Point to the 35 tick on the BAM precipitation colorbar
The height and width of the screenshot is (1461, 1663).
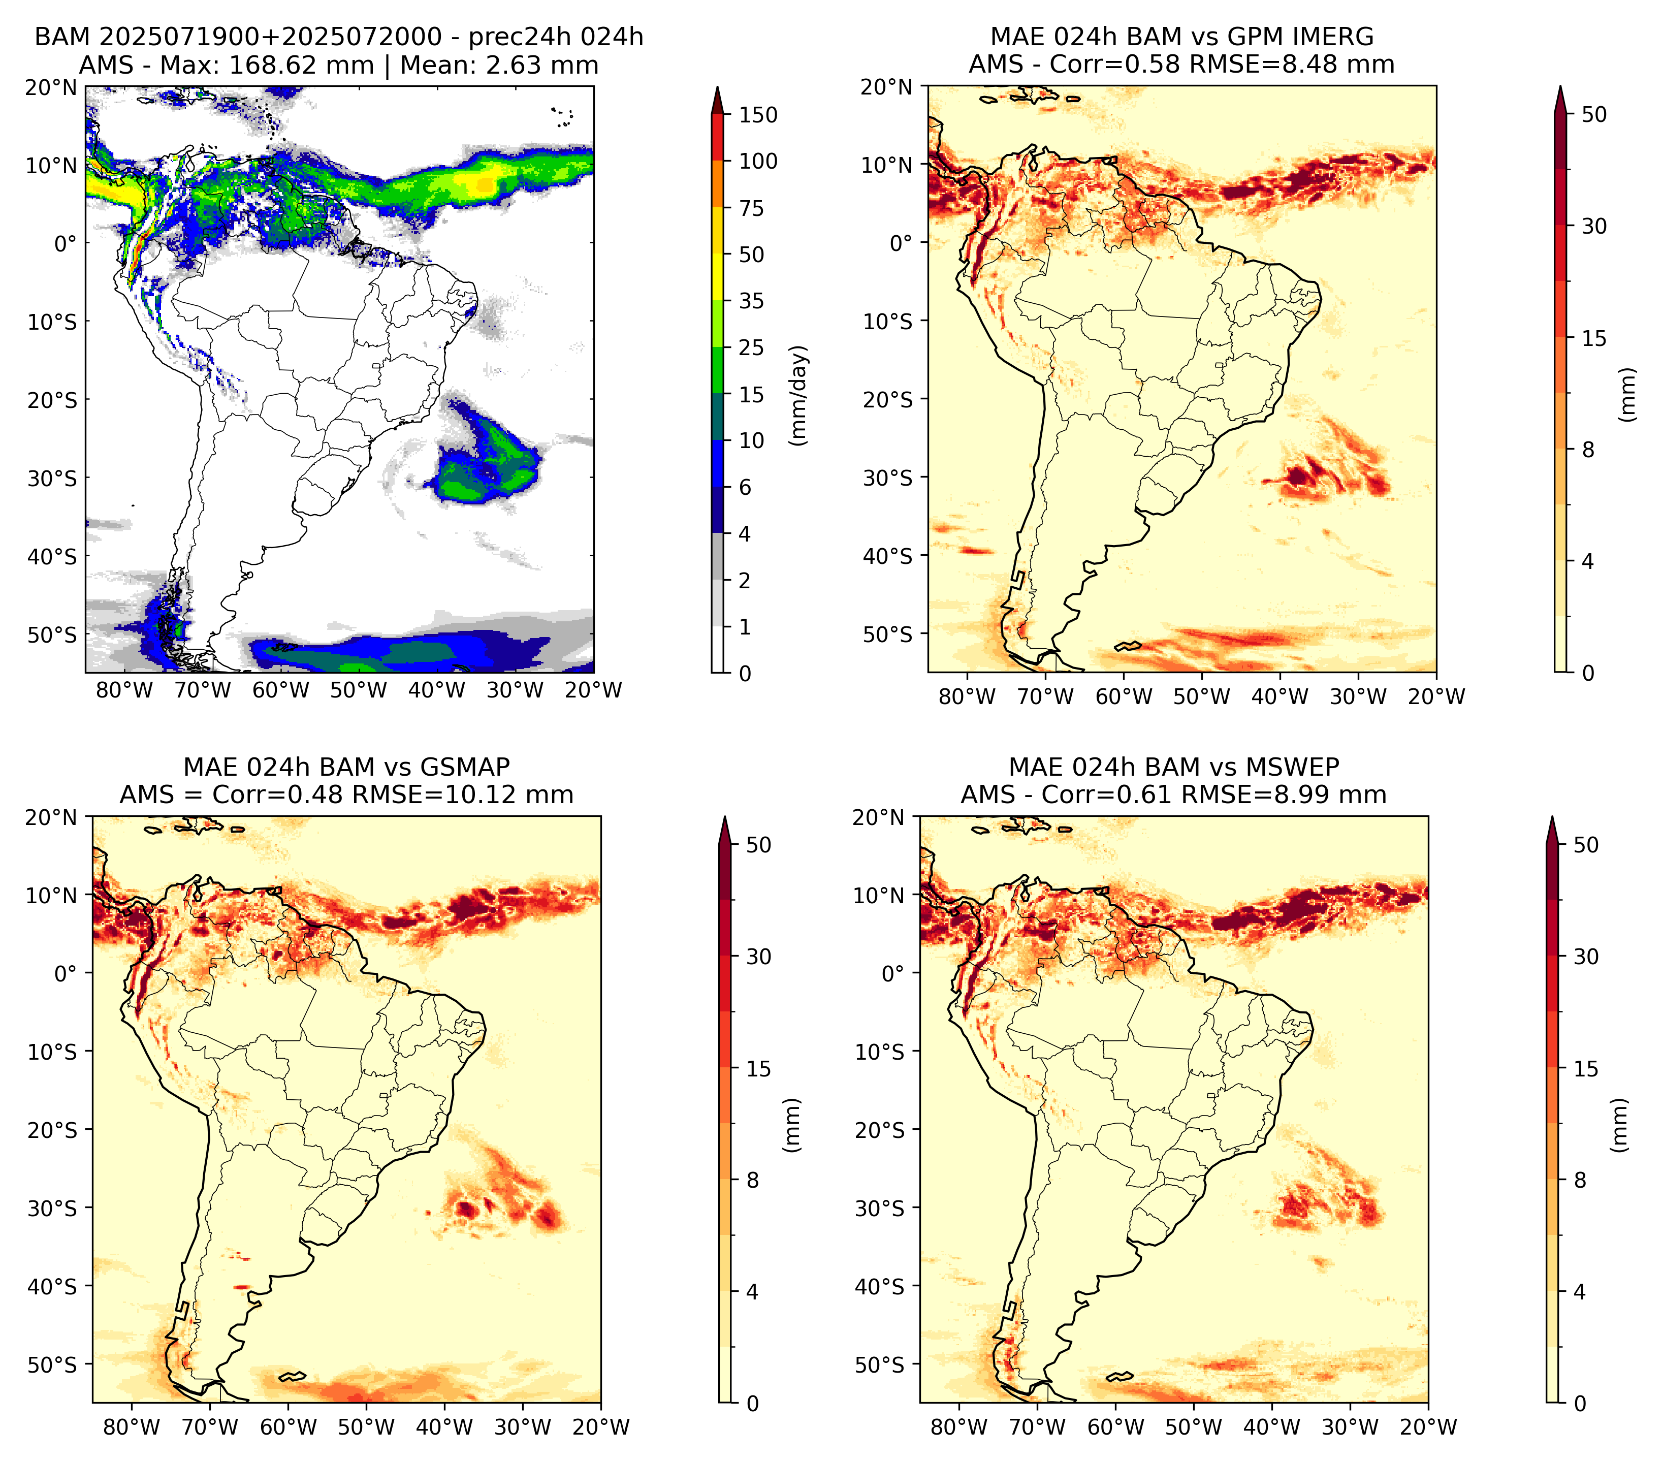(752, 301)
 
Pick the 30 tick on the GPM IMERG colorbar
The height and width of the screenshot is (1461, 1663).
(1594, 226)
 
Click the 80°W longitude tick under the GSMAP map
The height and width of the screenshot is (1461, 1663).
(132, 1427)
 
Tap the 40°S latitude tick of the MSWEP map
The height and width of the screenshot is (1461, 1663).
(880, 1286)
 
